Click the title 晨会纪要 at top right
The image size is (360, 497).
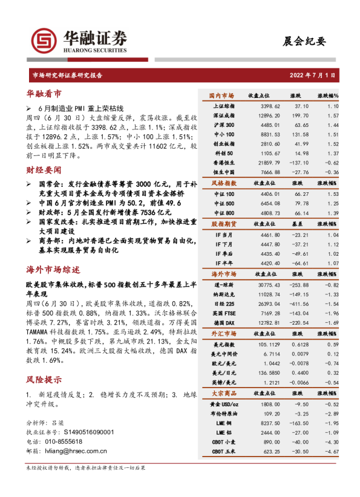coord(304,41)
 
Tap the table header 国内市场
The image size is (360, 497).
coord(221,96)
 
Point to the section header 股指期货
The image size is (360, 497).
coord(221,224)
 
